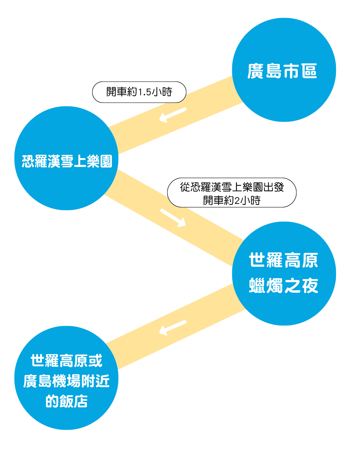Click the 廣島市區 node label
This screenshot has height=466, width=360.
[x=282, y=71]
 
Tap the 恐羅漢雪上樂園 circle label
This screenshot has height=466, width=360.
[x=67, y=161]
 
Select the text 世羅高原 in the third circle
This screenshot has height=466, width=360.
[x=283, y=260]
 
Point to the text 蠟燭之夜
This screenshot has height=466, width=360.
[x=283, y=285]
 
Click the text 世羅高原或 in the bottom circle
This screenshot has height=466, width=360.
[x=66, y=361]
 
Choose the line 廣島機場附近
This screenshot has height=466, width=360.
[x=66, y=381]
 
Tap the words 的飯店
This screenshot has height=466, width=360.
[x=66, y=401]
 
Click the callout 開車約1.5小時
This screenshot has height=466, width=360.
[x=139, y=92]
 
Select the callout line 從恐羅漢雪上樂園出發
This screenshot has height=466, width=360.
[x=232, y=187]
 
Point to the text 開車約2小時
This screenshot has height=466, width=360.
[x=232, y=200]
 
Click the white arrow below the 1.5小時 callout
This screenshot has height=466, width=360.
[x=172, y=115]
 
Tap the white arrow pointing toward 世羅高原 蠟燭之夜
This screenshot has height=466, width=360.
[x=173, y=218]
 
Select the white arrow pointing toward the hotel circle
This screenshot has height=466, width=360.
[x=172, y=328]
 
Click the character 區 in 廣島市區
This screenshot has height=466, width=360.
[x=309, y=71]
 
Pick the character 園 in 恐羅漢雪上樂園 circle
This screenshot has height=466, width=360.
[x=106, y=161]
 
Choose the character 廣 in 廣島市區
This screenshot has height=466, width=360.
[x=255, y=71]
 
